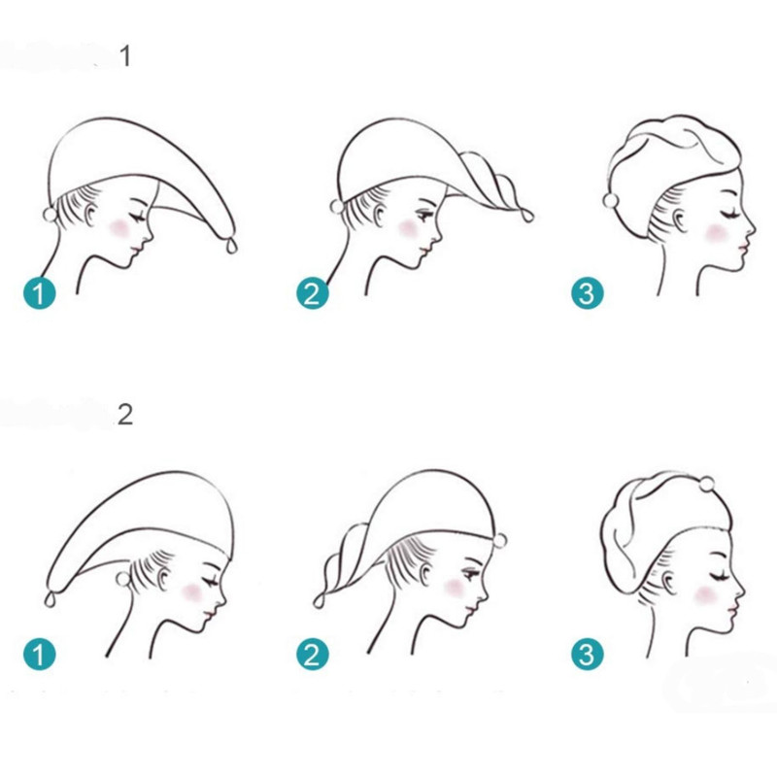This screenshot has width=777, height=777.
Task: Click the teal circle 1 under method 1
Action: (40, 293)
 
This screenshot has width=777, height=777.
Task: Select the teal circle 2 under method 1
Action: (313, 293)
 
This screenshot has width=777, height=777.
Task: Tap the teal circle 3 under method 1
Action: (588, 293)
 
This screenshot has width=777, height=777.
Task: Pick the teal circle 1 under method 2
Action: (40, 654)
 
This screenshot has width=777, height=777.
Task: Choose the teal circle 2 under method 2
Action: (313, 654)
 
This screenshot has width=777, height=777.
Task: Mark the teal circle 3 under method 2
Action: (588, 654)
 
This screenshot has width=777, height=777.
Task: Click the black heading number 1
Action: (126, 56)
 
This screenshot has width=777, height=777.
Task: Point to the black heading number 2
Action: (125, 415)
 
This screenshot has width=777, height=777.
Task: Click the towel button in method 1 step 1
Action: (51, 215)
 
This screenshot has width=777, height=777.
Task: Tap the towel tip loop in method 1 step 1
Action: (231, 246)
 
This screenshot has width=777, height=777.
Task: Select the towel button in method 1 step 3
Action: (611, 201)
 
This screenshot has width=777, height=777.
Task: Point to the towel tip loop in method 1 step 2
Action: (526, 216)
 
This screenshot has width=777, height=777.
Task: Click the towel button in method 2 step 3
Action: (707, 484)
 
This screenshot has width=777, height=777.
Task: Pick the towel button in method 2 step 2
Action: (500, 540)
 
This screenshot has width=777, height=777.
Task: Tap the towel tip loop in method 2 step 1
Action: (49, 599)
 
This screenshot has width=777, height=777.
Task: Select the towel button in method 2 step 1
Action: (122, 579)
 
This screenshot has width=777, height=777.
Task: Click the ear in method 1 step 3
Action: (679, 220)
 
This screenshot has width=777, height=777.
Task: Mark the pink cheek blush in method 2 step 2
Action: (455, 588)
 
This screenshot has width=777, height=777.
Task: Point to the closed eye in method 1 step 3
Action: (730, 215)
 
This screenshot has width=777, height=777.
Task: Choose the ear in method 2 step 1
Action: (163, 580)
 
